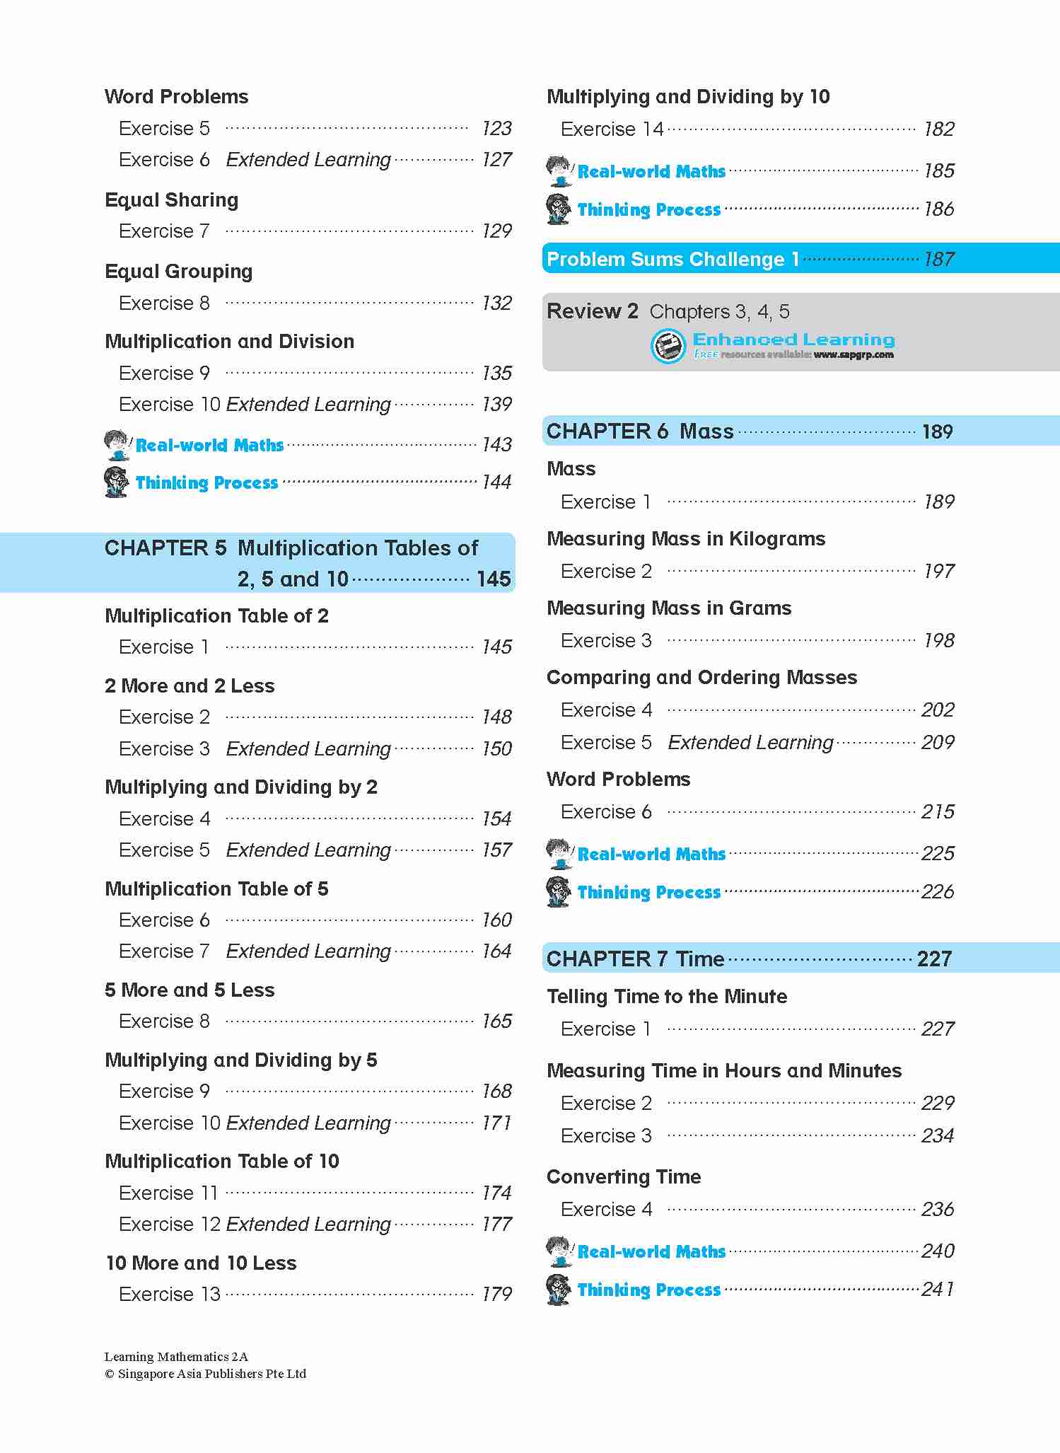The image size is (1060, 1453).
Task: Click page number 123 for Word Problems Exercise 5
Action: [496, 129]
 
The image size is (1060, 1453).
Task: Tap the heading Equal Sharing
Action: [171, 200]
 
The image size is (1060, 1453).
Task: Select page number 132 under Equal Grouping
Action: [496, 303]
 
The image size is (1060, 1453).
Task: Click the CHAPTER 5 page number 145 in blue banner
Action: [494, 579]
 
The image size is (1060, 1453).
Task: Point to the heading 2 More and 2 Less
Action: [190, 686]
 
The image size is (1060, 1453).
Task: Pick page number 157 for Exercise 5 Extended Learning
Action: [496, 850]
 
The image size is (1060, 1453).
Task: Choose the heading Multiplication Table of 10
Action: [222, 1162]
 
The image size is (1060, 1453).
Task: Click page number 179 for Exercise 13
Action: [496, 1295]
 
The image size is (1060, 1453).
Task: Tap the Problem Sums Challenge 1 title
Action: [672, 260]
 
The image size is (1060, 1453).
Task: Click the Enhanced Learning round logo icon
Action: [668, 347]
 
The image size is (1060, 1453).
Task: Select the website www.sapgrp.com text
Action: [854, 355]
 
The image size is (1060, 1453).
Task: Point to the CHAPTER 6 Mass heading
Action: [640, 432]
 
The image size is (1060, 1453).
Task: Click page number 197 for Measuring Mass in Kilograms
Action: [939, 572]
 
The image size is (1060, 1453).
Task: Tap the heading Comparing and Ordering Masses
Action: [701, 678]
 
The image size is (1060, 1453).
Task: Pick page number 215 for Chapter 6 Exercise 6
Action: [938, 812]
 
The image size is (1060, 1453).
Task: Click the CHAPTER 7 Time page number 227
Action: [934, 959]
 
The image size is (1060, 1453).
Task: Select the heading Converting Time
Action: [624, 1177]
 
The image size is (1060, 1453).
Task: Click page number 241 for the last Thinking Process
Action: [938, 1290]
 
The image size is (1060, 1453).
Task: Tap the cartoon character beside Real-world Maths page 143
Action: [117, 445]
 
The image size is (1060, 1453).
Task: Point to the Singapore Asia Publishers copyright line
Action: [206, 1374]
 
